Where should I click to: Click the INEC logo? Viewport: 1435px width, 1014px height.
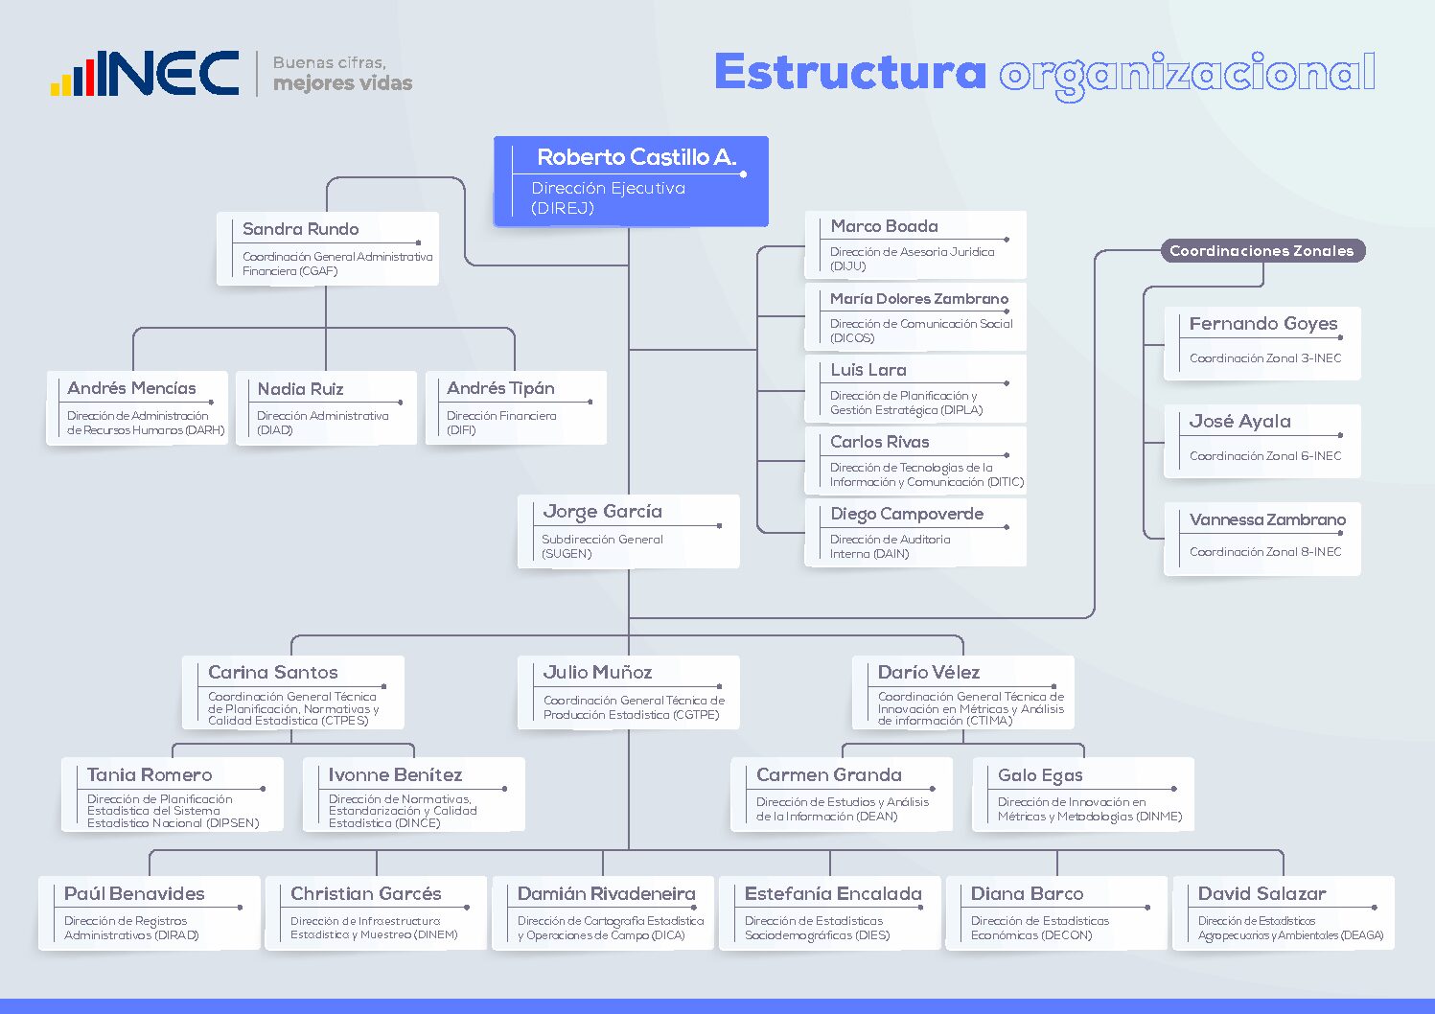point(145,73)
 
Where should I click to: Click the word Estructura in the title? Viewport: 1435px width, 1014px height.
point(850,72)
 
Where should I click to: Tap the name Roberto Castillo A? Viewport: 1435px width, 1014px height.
point(636,157)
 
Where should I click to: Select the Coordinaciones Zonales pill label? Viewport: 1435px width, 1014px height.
point(1262,250)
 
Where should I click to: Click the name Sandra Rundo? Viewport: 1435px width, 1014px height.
point(300,229)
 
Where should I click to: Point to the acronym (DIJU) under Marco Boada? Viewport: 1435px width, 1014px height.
point(847,265)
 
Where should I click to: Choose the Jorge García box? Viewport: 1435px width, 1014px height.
point(629,531)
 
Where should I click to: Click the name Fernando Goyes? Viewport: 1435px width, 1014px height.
point(1263,324)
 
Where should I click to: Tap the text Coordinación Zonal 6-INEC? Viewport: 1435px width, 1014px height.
point(1265,456)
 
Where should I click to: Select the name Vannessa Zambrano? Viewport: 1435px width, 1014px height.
point(1268,519)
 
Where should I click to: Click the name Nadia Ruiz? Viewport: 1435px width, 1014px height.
point(300,389)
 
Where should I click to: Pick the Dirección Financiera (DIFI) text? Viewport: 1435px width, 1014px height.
point(501,423)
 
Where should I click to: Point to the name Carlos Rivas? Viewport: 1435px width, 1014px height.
point(880,442)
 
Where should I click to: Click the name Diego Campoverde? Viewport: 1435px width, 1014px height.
point(907,514)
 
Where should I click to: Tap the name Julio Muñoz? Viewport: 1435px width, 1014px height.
point(597,672)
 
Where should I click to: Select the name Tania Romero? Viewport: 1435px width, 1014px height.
point(150,775)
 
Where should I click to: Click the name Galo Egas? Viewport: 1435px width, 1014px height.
point(1040,775)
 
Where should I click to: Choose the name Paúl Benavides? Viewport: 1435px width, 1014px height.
point(134,893)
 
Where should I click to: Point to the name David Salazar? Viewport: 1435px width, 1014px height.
point(1262,893)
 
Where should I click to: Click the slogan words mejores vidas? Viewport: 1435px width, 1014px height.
point(343,83)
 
